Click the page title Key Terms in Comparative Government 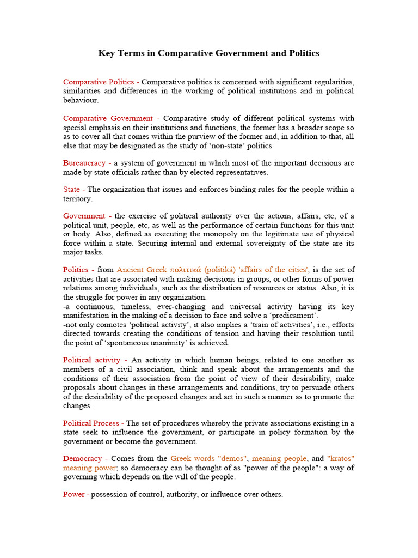[208, 53]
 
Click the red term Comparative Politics [99, 82]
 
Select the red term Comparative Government [108, 118]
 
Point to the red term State [71, 190]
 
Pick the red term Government [84, 216]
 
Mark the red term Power [73, 494]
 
